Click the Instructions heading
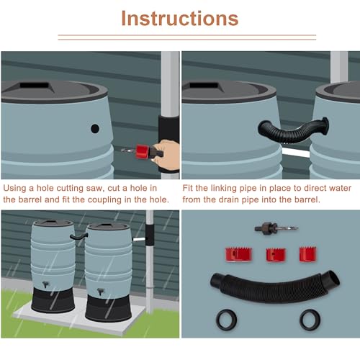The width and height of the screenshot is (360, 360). (179, 18)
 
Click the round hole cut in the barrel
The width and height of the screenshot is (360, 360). (94, 129)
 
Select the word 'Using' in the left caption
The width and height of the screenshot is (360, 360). (16, 187)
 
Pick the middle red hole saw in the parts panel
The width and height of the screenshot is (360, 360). (274, 255)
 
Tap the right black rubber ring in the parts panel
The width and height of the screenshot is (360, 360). (310, 318)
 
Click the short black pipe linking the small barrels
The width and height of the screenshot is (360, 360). (77, 235)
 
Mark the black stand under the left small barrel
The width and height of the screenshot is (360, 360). (53, 300)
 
